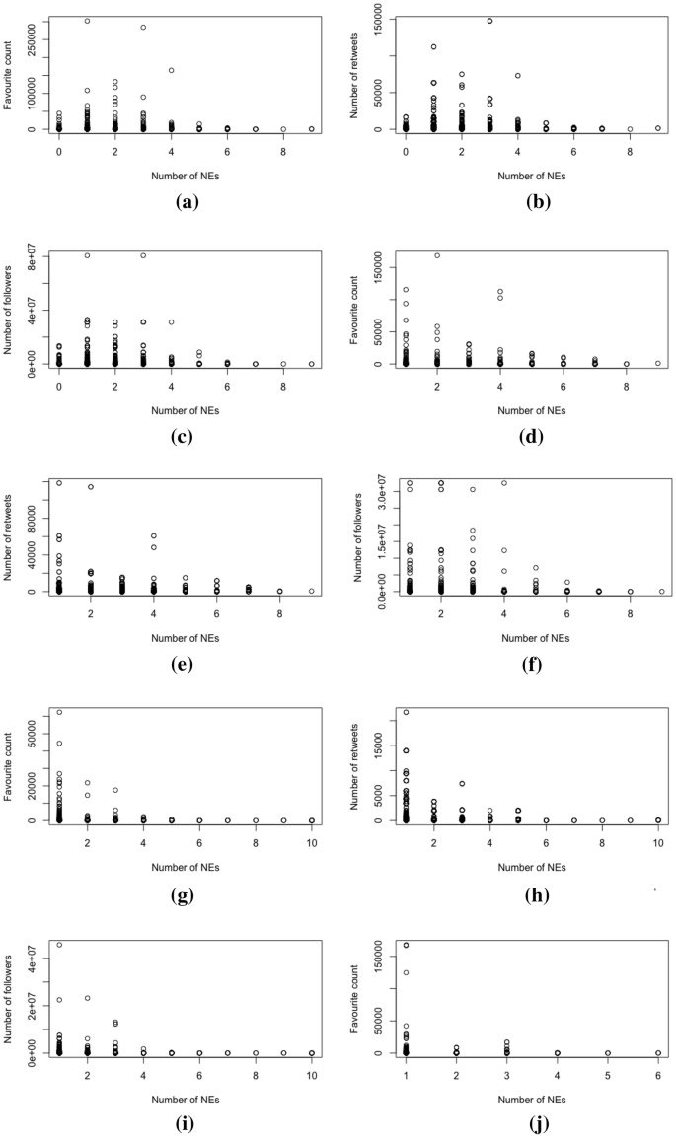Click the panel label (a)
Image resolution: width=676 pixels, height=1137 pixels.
(x=185, y=203)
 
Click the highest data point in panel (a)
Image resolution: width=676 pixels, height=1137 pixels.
(x=87, y=21)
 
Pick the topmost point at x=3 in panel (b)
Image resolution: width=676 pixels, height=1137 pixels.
(x=489, y=21)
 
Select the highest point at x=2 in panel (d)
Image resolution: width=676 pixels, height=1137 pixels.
(x=436, y=255)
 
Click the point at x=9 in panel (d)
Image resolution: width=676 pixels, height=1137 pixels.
(x=658, y=363)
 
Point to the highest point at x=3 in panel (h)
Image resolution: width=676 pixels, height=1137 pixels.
(x=489, y=784)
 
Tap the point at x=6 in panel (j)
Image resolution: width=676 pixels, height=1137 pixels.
(x=658, y=1053)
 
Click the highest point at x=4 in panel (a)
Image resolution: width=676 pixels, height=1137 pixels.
(x=172, y=70)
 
